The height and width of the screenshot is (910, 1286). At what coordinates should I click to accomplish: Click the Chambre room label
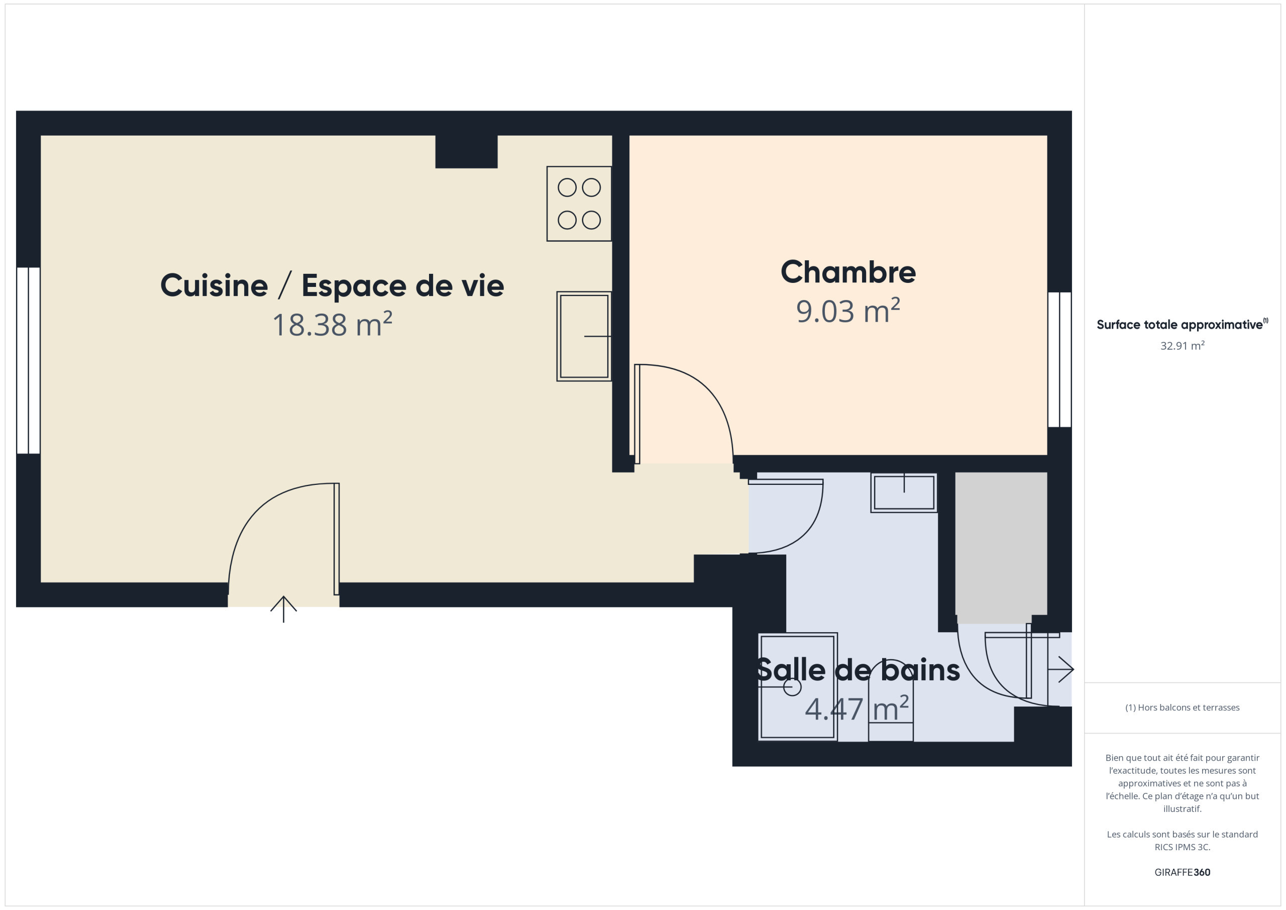click(x=848, y=272)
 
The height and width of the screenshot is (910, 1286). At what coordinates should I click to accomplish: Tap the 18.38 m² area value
click(x=332, y=325)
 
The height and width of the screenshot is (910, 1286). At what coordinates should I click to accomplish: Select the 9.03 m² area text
click(x=848, y=311)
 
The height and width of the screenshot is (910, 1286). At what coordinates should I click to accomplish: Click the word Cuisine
click(x=214, y=285)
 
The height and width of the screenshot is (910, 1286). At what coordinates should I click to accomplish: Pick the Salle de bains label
click(x=858, y=670)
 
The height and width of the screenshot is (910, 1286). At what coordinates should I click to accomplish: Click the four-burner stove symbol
click(x=579, y=204)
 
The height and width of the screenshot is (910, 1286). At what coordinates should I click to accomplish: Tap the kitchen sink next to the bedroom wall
click(x=584, y=336)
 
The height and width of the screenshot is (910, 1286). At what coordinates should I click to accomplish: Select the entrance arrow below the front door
click(x=283, y=609)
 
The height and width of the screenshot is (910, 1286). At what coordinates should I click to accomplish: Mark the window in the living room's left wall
click(x=28, y=360)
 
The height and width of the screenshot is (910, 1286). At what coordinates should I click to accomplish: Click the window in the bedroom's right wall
click(x=1059, y=360)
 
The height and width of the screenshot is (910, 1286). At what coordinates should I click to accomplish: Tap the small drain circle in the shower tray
click(x=792, y=687)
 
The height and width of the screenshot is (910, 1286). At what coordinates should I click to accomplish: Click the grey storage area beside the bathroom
click(x=1001, y=547)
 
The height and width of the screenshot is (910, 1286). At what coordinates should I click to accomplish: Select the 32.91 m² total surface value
click(x=1183, y=346)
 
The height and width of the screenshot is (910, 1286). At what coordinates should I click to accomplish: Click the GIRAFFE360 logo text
click(x=1183, y=872)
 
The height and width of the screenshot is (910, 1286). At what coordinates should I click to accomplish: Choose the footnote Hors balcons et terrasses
click(x=1183, y=707)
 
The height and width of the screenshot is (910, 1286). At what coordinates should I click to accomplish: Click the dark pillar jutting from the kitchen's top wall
click(x=467, y=151)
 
